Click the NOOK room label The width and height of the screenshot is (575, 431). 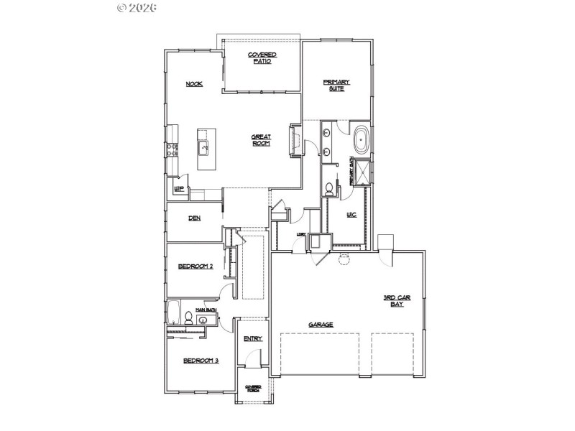point(194,84)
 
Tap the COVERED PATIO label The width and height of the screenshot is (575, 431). point(262,58)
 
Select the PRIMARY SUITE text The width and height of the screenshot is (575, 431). point(335,85)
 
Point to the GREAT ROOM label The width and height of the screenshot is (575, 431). point(260,140)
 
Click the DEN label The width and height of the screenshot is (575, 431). point(194,218)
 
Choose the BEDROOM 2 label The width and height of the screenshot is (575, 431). point(195,267)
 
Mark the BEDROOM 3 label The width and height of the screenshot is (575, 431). point(201,361)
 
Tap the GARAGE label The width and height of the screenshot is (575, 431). point(321,325)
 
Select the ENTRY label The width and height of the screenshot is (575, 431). point(252,338)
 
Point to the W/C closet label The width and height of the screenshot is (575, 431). point(351,215)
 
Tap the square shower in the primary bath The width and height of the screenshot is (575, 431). point(362,172)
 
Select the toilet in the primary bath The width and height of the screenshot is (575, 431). point(330,190)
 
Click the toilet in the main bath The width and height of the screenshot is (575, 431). point(188,318)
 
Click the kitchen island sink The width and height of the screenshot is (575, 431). point(204,149)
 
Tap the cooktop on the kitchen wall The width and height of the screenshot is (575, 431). point(172,150)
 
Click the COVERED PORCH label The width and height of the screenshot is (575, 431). point(252,389)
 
